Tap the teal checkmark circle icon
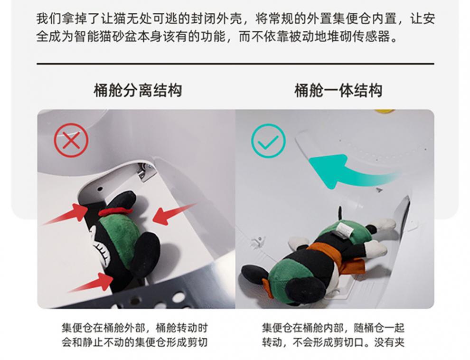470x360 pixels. pos(268,140)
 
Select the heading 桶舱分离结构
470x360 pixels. pos(138,90)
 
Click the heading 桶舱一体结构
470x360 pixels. pos(338,90)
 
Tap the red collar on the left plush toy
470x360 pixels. pos(117,211)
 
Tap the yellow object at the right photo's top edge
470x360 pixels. pos(385,112)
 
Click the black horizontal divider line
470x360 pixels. pos(235,63)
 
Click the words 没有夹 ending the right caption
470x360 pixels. pos(389,342)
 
